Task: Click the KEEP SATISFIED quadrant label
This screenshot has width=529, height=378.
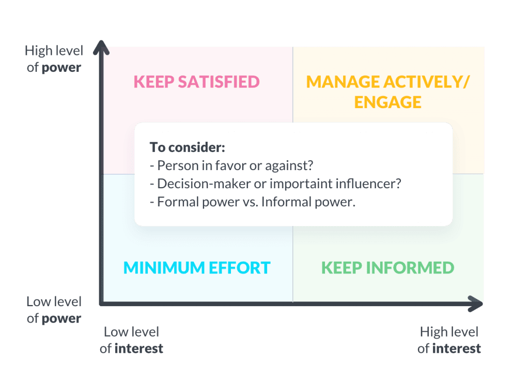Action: coord(196,82)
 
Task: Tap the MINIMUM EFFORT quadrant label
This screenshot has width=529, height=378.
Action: coord(197,267)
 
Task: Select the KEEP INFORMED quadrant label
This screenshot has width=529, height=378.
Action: coord(387,267)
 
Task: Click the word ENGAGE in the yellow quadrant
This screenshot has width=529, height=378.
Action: coord(388,102)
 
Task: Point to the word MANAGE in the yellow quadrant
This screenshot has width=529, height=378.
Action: coord(341,82)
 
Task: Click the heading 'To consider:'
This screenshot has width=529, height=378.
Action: coord(188,147)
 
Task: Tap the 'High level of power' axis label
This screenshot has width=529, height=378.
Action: coord(54,59)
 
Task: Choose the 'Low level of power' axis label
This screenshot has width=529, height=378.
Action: coord(54,310)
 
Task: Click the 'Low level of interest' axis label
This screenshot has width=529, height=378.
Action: coord(132,340)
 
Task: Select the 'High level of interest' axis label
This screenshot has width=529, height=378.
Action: coord(449,340)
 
